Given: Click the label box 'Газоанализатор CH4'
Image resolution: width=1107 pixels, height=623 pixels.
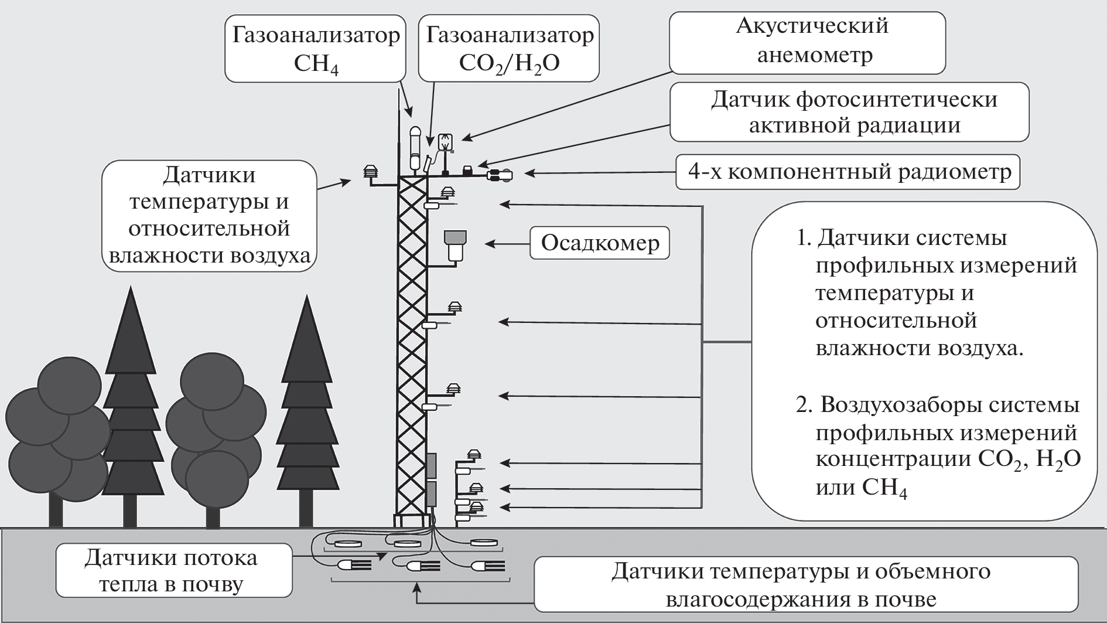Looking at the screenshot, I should [x=315, y=48].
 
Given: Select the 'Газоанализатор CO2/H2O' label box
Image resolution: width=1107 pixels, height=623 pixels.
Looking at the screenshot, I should [x=508, y=48].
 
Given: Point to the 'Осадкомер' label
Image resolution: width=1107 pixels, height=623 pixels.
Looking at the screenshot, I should [x=599, y=243].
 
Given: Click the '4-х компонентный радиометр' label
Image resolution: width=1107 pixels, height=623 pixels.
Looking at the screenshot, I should [x=848, y=172].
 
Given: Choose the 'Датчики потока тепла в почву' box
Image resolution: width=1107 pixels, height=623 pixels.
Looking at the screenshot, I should [x=173, y=571].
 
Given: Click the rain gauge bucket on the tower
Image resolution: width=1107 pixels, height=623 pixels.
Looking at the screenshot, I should [x=455, y=245].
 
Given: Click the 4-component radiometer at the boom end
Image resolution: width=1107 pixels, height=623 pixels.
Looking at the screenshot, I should [x=499, y=174].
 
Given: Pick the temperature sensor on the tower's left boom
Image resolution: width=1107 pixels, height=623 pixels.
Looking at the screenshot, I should [x=370, y=172].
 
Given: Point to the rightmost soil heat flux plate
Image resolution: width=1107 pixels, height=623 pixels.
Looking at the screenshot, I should [x=486, y=543].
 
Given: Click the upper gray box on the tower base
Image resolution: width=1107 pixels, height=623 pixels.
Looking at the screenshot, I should [x=432, y=465].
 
